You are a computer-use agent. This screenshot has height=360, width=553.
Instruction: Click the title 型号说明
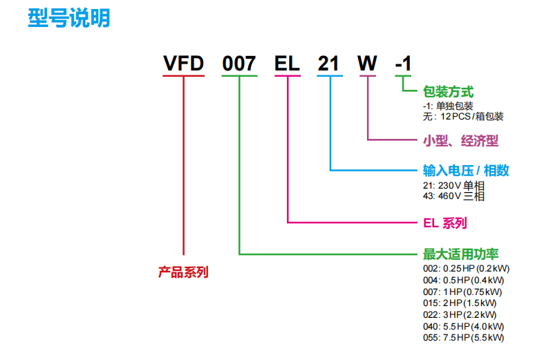click(x=69, y=18)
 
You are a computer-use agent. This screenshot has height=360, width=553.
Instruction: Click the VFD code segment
click(x=183, y=64)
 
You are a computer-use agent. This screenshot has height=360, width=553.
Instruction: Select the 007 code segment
click(x=239, y=64)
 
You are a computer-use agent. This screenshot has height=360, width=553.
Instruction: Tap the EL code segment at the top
click(x=287, y=64)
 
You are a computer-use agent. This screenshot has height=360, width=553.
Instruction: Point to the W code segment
click(x=366, y=64)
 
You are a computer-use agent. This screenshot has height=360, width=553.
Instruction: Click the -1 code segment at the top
click(x=403, y=64)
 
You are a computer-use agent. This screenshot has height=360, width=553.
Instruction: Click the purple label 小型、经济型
click(x=460, y=141)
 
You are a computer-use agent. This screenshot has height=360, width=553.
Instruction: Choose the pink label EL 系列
click(x=444, y=223)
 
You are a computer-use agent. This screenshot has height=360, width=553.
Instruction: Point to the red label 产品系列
click(x=183, y=272)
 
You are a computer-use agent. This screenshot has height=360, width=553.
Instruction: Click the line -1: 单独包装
click(x=448, y=106)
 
